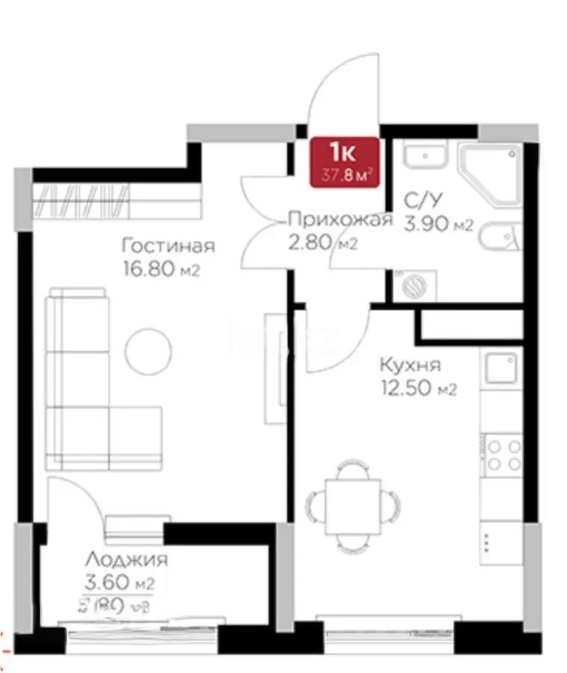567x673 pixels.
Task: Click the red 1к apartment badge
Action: [x=344, y=160]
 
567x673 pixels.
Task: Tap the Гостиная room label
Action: [x=169, y=246]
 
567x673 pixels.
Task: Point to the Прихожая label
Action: [x=340, y=219]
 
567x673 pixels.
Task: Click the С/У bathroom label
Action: [x=421, y=200]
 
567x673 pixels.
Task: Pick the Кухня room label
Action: [x=409, y=366]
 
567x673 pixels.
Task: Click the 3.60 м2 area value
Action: [x=120, y=583]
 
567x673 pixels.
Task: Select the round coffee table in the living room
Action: [x=148, y=351]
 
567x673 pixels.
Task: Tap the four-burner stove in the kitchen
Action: [x=501, y=454]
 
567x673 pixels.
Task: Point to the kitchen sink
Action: [x=501, y=369]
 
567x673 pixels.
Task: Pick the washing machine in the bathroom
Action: [x=413, y=285]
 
